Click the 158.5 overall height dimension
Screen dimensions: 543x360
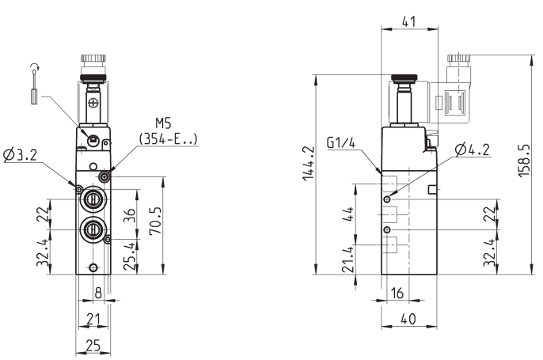pyautogui.click(x=524, y=161)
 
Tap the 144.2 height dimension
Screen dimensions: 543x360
pyautogui.click(x=308, y=163)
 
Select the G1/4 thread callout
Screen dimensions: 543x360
pyautogui.click(x=341, y=142)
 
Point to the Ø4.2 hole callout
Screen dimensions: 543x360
pyautogui.click(x=473, y=150)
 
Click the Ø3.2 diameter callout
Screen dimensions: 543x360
pyautogui.click(x=20, y=155)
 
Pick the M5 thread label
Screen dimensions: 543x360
pyautogui.click(x=163, y=123)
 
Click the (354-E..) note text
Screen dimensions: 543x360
pyautogui.click(x=169, y=138)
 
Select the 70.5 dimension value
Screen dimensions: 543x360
pyautogui.click(x=155, y=221)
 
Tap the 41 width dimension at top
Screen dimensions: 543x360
pyautogui.click(x=408, y=22)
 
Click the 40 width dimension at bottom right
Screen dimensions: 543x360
pyautogui.click(x=408, y=319)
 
